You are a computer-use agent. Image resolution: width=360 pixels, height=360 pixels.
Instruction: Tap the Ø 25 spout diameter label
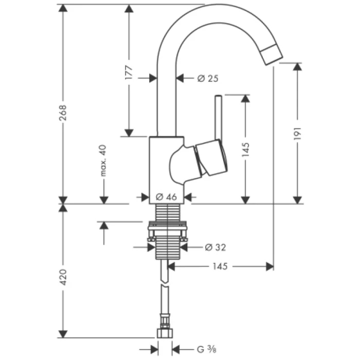(x=208, y=78)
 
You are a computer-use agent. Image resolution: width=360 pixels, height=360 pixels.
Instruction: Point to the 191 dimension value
(x=298, y=133)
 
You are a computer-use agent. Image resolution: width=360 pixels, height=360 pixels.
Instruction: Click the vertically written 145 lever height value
(x=245, y=149)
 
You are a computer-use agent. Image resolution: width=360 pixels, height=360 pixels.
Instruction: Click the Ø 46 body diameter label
(x=166, y=196)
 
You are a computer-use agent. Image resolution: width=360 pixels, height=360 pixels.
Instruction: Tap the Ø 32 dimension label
(x=215, y=247)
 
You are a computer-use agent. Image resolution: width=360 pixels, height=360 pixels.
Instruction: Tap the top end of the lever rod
(x=218, y=97)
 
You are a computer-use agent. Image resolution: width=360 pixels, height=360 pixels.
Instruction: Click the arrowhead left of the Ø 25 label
(x=180, y=78)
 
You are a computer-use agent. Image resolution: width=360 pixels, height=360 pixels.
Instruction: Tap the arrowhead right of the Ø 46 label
(x=187, y=196)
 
